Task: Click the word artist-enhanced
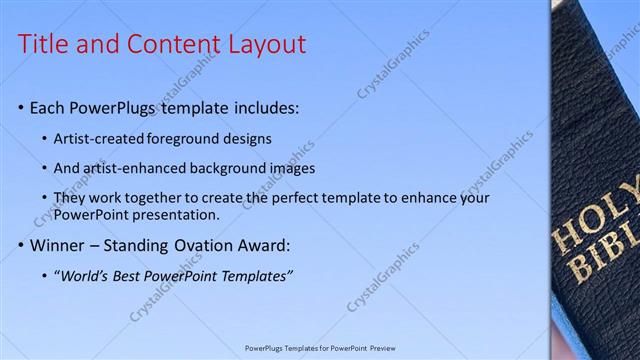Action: coord(136,168)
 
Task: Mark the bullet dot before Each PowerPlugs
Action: coord(22,107)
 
